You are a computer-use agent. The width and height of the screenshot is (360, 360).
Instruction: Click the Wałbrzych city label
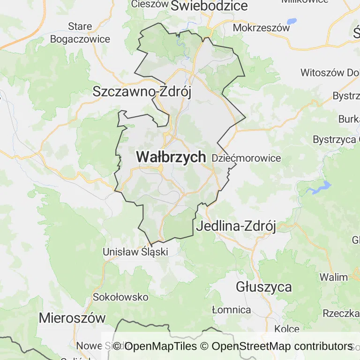171,157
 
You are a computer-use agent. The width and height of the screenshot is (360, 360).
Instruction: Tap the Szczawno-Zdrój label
142,91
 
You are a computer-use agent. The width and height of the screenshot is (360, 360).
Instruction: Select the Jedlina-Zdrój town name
236,226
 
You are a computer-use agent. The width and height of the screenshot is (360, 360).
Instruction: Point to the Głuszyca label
264,286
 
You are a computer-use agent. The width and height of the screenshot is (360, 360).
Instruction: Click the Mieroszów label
72,317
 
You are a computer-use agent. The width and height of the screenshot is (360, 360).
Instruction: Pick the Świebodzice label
209,6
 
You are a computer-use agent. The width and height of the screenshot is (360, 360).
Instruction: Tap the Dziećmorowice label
246,158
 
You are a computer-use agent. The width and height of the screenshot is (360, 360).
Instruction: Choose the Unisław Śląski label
135,252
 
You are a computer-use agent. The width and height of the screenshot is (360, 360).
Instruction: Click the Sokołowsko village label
120,297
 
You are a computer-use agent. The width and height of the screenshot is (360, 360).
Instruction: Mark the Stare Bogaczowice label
80,32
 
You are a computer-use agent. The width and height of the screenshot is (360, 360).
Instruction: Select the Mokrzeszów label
261,28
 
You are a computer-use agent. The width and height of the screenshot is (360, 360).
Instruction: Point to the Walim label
334,277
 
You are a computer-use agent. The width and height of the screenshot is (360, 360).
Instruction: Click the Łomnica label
231,310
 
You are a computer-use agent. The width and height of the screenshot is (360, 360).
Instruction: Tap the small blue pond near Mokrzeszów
292,21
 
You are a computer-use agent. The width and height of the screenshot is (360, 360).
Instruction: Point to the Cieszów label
150,4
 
